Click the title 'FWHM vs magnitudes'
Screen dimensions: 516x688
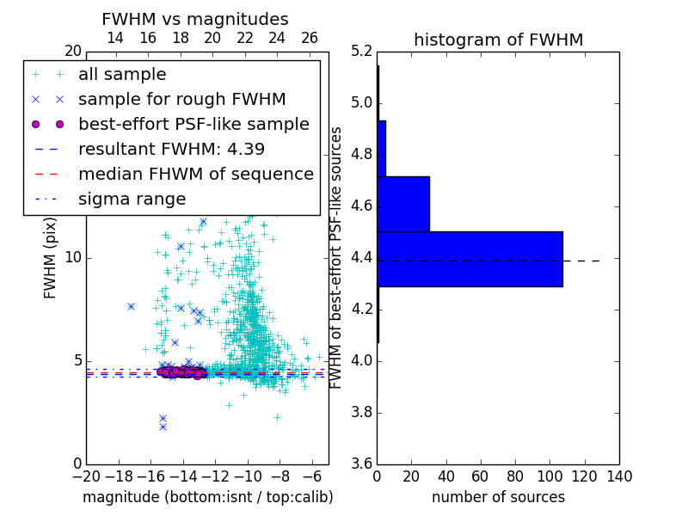pyautogui.click(x=194, y=20)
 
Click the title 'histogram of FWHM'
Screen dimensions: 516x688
pyautogui.click(x=498, y=40)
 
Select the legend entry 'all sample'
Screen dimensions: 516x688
pyautogui.click(x=122, y=75)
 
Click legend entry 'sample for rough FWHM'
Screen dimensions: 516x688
pyautogui.click(x=181, y=100)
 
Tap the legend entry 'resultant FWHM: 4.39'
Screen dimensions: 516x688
pyautogui.click(x=171, y=150)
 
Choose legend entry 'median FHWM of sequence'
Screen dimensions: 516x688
pyautogui.click(x=195, y=175)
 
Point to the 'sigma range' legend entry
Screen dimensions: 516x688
pyautogui.click(x=132, y=200)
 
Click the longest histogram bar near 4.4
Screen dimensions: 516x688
pyautogui.click(x=470, y=259)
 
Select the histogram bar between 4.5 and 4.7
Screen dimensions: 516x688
pyautogui.click(x=403, y=204)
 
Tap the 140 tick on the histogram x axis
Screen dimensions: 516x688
pyautogui.click(x=618, y=476)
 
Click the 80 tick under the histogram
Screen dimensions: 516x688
pyautogui.click(x=515, y=476)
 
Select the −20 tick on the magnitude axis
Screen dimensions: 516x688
pyautogui.click(x=86, y=476)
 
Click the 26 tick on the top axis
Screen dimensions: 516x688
pyautogui.click(x=310, y=38)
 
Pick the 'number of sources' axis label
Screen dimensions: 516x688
pyautogui.click(x=498, y=497)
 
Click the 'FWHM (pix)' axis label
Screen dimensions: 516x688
pyautogui.click(x=51, y=258)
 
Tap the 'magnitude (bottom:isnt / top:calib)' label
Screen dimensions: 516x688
pyautogui.click(x=207, y=497)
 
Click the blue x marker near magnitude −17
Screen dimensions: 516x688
pyautogui.click(x=131, y=306)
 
